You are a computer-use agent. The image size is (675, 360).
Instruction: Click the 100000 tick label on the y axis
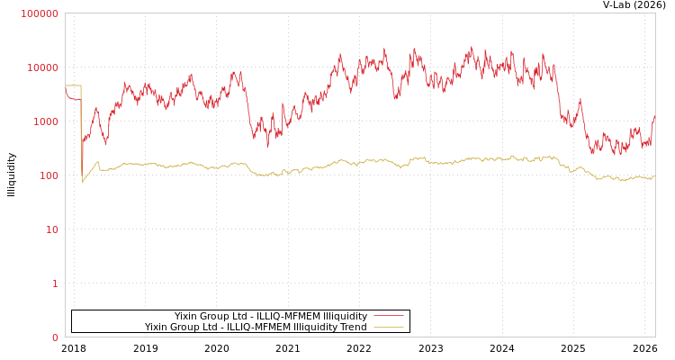[x=40, y=13]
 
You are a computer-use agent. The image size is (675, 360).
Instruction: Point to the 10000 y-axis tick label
[x=42, y=67]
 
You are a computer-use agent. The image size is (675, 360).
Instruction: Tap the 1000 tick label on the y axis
[x=45, y=121]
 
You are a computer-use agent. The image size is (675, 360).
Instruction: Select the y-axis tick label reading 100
[x=48, y=175]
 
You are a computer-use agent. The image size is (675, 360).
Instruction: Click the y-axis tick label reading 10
[x=51, y=229]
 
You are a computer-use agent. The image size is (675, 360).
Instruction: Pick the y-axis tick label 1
[x=55, y=283]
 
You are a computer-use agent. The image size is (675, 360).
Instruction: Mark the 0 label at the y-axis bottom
[x=55, y=337]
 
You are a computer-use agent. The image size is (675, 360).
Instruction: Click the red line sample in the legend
[x=388, y=316]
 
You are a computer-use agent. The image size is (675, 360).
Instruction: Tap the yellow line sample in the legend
[x=388, y=327]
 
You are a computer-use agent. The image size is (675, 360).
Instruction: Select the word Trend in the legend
[x=351, y=327]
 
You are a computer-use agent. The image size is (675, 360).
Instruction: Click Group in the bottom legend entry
[x=190, y=327]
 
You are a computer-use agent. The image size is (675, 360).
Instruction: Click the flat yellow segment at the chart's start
[x=73, y=85]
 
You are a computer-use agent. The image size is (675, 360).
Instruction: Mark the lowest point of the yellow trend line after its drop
[x=83, y=182]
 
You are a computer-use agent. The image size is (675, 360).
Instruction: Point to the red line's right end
[x=654, y=115]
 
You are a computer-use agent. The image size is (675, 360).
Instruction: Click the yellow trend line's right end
[x=654, y=177]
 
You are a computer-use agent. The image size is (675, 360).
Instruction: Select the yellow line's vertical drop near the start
[x=81, y=135]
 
